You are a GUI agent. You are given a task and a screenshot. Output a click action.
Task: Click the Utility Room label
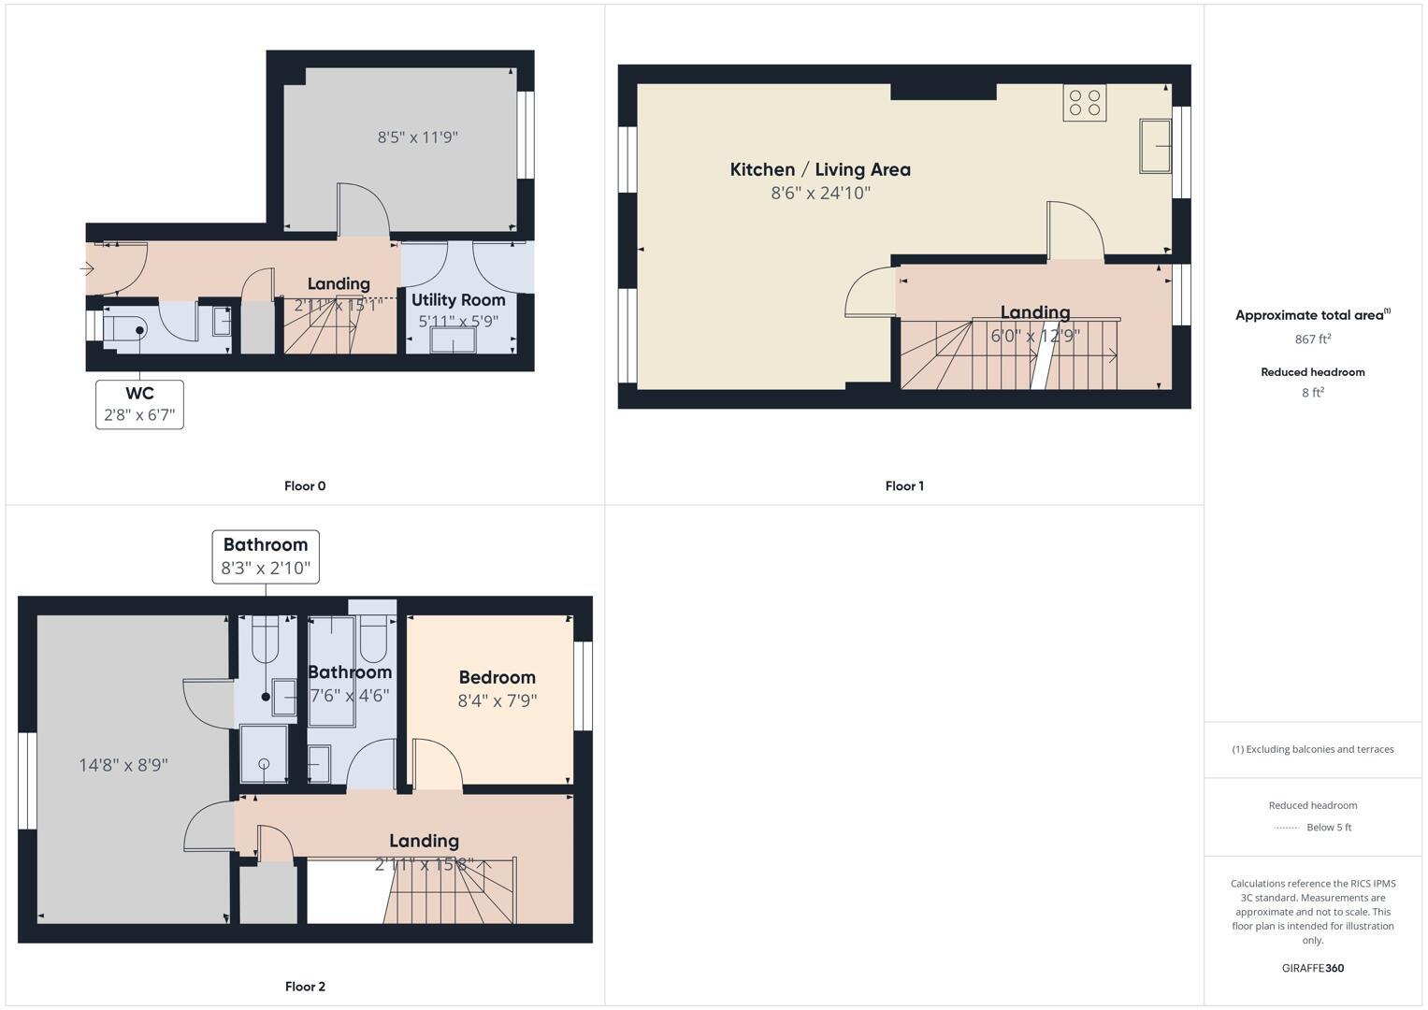pos(458,300)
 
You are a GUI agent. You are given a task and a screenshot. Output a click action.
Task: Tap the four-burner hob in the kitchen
pos(1084,103)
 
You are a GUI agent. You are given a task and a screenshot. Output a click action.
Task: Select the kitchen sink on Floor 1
pos(1156,146)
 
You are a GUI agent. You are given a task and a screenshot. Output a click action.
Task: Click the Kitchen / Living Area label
pos(820,169)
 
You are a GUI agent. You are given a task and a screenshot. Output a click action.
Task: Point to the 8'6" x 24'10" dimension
pos(820,194)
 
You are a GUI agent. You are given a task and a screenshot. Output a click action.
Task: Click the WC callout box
pos(139,404)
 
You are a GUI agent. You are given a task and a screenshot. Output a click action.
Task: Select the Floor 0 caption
pos(305,486)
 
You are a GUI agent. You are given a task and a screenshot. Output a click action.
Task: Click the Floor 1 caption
pos(904,486)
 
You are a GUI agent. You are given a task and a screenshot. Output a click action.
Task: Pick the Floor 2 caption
pos(305,987)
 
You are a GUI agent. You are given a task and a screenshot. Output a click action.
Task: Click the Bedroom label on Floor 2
pos(497,677)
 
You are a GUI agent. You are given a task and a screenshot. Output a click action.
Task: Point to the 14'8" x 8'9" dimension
pos(123,765)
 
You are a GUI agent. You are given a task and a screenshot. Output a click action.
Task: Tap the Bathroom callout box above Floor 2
pos(266,556)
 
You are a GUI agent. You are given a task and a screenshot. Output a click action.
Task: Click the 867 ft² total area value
pos(1312,339)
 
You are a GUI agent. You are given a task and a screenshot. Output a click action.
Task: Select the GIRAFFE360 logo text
pos(1312,968)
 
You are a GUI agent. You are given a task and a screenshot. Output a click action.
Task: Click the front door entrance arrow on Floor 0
pos(87,269)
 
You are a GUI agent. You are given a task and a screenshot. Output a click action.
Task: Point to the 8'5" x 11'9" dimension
pos(417,137)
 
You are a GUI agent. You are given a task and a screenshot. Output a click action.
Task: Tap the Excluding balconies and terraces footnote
pos(1312,749)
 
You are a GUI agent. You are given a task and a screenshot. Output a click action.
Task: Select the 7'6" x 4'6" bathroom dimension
pos(350,696)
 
